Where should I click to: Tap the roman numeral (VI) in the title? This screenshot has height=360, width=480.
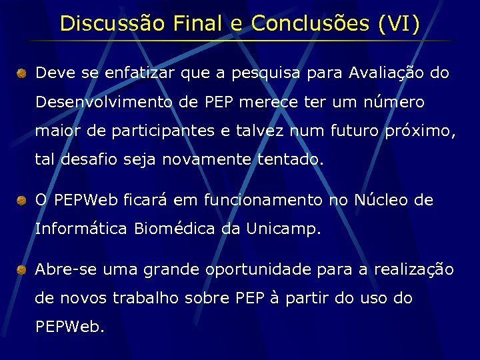pos(399,23)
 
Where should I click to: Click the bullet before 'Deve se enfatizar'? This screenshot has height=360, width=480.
pos(22,73)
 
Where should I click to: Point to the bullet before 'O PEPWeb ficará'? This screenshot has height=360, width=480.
pos(22,200)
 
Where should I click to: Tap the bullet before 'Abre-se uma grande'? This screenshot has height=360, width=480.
pos(22,269)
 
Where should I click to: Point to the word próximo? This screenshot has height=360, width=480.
pos(420,131)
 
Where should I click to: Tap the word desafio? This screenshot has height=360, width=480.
pos(86,160)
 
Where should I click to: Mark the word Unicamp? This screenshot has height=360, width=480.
pos(283,229)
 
